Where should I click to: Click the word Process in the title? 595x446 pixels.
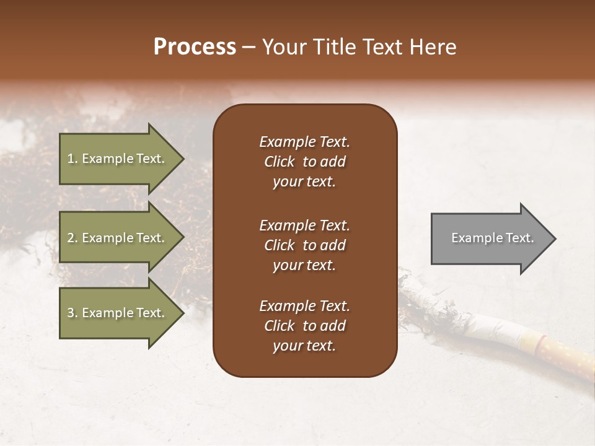pos(195,47)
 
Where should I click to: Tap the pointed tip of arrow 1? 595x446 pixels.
pos(182,159)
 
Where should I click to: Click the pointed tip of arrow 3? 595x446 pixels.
pos(182,313)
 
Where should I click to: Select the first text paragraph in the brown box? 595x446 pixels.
pos(304,162)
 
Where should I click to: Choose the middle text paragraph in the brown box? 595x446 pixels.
pos(304,245)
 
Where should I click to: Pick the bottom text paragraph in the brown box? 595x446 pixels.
pos(304,326)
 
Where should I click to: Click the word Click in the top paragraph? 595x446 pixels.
pos(279,162)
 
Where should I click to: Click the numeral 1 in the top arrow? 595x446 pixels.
pos(70,159)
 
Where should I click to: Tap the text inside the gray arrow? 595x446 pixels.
pos(492,238)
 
